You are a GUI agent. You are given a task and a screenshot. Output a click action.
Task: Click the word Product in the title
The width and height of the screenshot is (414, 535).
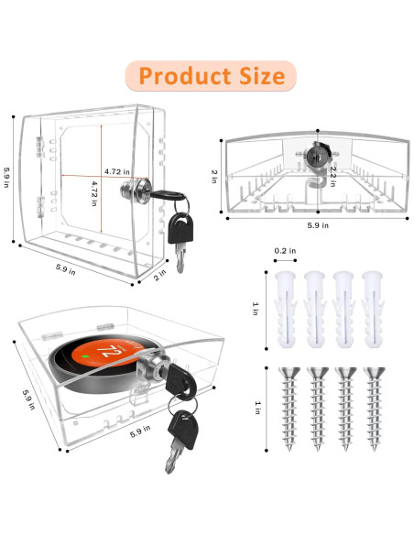tap(185, 76)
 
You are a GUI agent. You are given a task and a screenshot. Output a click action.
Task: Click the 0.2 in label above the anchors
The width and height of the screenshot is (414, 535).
tap(285, 251)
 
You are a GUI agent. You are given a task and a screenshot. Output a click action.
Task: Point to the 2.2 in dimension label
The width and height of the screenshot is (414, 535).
tap(333, 177)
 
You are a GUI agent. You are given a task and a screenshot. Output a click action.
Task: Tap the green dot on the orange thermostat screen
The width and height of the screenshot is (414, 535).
tap(85, 356)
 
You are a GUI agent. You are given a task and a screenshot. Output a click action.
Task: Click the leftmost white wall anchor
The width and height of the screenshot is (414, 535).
tap(285, 310)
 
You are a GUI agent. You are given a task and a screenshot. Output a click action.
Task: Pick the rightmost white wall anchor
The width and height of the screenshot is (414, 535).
tap(373, 310)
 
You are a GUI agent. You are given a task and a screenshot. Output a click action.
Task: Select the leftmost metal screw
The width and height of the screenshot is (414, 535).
tap(289, 409)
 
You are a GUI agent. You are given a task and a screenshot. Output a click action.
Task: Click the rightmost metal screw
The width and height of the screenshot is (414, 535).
tap(374, 409)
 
